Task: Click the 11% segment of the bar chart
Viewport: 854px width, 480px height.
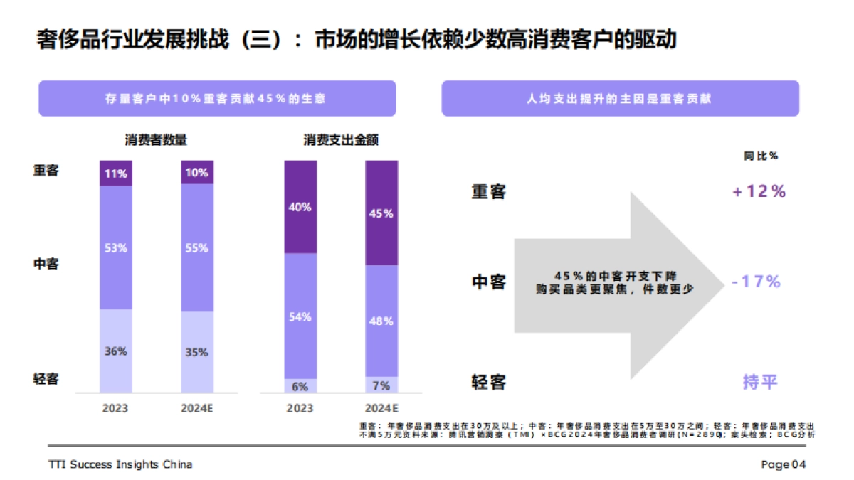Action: point(116,173)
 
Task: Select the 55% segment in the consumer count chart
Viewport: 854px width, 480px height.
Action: point(196,248)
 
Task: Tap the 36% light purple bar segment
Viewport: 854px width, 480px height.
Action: point(116,351)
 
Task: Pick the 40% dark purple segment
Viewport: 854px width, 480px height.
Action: point(300,207)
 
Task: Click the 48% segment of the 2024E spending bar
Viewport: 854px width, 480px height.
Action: point(381,321)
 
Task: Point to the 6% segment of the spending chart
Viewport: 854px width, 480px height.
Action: point(300,386)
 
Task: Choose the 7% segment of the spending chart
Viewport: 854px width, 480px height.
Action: point(381,385)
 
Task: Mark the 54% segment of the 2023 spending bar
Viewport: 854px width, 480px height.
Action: point(300,316)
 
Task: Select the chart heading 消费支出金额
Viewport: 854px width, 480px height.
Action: point(341,140)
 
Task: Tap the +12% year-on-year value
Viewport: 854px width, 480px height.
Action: point(759,191)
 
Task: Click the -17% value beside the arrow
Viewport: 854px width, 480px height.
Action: point(757,282)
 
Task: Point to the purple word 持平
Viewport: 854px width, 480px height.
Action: point(760,382)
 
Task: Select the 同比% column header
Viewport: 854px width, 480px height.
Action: point(761,156)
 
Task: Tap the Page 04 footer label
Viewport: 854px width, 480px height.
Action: point(783,464)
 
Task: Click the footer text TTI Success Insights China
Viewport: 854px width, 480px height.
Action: point(120,464)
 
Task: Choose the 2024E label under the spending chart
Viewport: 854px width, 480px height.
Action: point(381,408)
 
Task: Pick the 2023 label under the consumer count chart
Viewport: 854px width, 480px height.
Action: point(116,408)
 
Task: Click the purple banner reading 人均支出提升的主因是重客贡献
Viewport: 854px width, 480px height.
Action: point(620,99)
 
